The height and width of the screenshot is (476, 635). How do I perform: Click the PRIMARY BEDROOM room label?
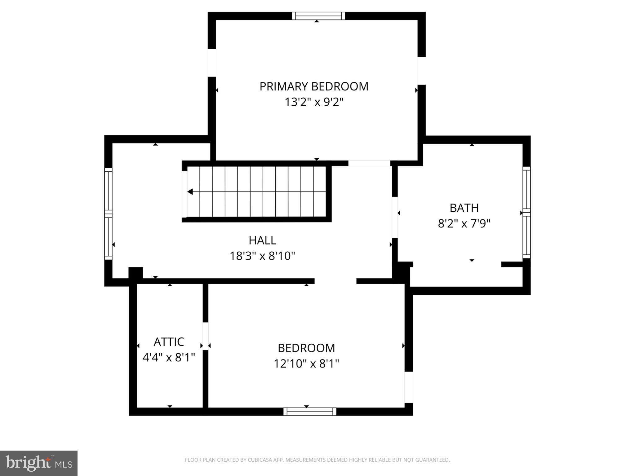click(314, 86)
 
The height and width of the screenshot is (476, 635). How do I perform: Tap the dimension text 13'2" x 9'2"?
click(314, 102)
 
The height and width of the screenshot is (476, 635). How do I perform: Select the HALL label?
click(262, 240)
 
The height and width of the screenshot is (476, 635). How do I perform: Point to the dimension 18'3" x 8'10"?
click(262, 256)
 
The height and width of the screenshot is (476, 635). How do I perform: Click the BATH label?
click(464, 208)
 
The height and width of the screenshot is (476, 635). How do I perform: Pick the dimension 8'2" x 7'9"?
click(464, 223)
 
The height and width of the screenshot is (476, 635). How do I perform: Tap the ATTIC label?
click(169, 342)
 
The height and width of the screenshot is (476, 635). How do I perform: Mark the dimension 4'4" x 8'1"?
click(169, 357)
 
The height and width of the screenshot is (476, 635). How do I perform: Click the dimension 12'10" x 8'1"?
click(306, 364)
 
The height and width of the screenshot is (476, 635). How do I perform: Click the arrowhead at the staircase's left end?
click(190, 192)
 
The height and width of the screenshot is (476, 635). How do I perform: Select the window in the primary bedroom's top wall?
click(318, 16)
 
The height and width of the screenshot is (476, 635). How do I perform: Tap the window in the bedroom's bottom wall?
click(310, 412)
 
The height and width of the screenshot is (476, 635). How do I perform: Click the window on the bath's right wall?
click(526, 213)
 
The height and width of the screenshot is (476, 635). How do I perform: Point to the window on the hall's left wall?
click(108, 214)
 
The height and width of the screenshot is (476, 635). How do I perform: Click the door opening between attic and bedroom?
click(205, 336)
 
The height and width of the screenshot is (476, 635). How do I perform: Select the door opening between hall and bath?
click(395, 217)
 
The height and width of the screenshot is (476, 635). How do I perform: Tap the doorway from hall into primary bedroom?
click(369, 163)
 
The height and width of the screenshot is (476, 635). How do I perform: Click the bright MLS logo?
click(39, 463)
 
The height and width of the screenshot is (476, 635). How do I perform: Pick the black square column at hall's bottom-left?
click(135, 273)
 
